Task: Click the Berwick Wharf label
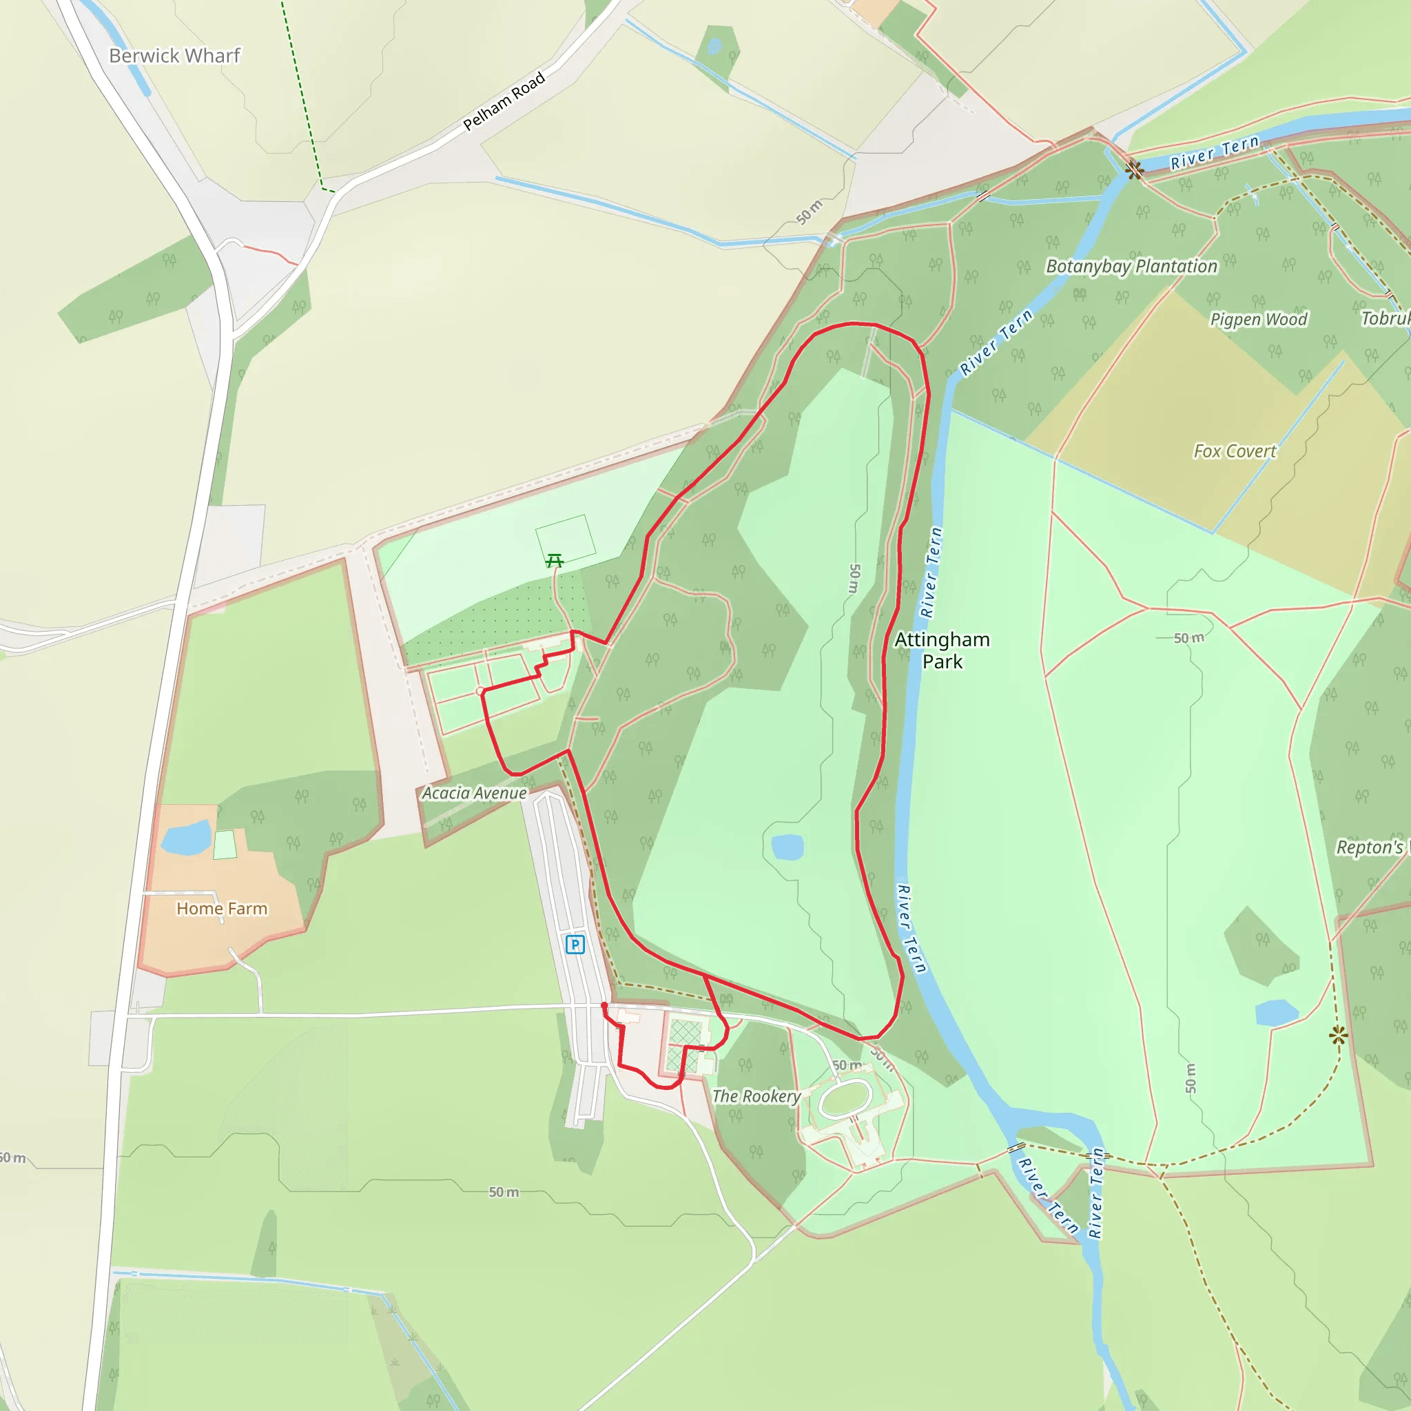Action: (174, 56)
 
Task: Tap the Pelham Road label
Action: (504, 101)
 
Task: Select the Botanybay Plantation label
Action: (1131, 267)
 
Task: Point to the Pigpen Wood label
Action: (1258, 319)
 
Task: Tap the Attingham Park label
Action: (942, 650)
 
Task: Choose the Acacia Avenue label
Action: (475, 793)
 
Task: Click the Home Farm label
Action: (222, 909)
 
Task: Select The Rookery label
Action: (756, 1096)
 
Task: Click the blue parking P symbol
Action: (575, 945)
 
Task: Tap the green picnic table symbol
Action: (555, 561)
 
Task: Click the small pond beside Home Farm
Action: (185, 838)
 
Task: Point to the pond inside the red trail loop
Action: (787, 847)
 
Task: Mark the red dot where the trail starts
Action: (604, 1007)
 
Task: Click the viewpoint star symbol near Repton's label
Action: (1338, 1035)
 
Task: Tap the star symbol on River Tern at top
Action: (1133, 171)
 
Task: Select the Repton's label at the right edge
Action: (1371, 847)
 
